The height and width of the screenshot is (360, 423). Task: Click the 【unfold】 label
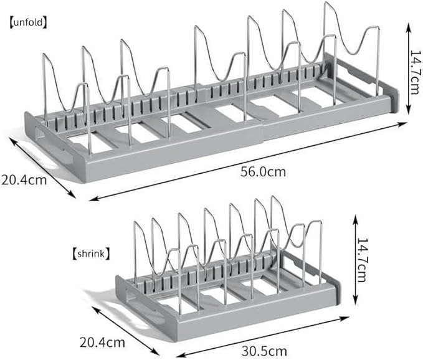click(x=28, y=22)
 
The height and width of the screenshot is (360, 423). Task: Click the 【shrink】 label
click(x=91, y=253)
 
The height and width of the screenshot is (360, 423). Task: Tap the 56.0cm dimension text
click(x=263, y=172)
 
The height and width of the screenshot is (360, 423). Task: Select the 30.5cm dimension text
click(x=264, y=351)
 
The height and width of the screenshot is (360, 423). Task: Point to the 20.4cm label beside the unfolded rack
click(x=24, y=180)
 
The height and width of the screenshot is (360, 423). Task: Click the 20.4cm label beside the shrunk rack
click(x=102, y=343)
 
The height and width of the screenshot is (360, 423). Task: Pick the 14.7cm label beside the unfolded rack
click(x=415, y=72)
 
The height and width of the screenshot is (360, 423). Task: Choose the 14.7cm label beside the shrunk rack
click(x=362, y=260)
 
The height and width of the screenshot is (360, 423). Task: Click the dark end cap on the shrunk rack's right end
click(x=338, y=291)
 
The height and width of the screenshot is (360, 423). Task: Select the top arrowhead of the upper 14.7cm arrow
click(x=409, y=26)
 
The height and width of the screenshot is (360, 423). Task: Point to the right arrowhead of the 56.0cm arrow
click(x=403, y=124)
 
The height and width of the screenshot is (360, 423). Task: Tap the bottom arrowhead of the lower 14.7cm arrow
click(x=356, y=301)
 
